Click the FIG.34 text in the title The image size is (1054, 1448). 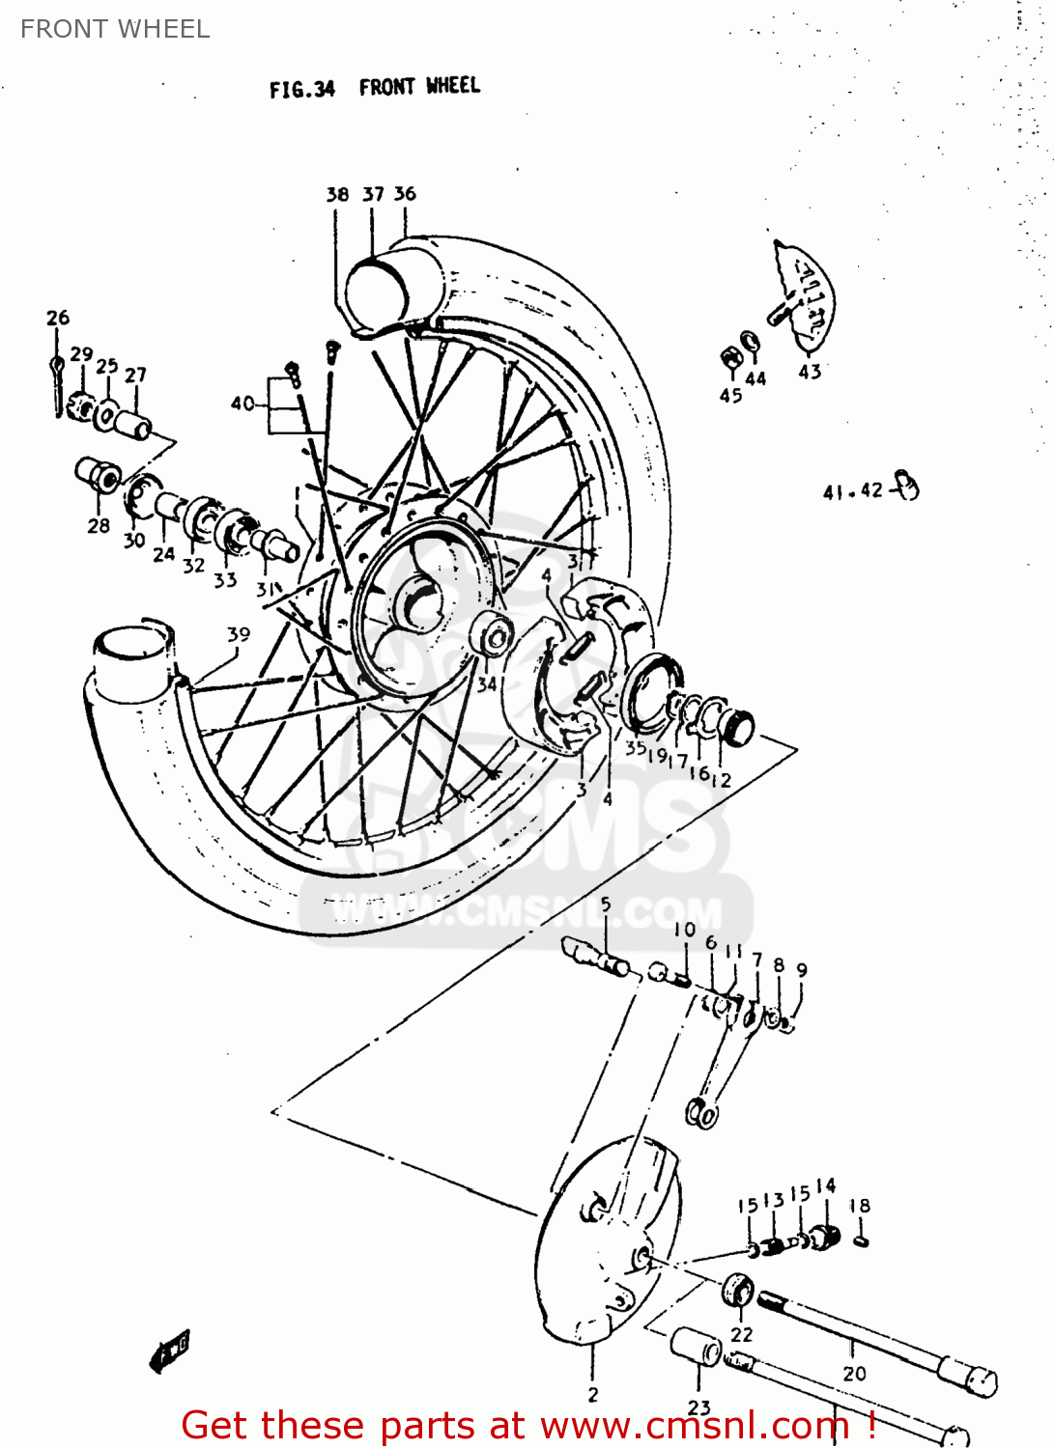click(301, 90)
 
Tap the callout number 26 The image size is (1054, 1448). click(58, 318)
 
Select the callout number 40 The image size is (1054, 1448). click(242, 404)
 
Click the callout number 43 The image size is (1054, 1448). click(810, 372)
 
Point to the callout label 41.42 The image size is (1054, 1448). click(852, 491)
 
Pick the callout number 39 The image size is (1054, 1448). click(238, 634)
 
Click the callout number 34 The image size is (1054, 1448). click(487, 684)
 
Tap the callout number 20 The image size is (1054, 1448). click(854, 1373)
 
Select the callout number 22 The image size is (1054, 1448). click(741, 1334)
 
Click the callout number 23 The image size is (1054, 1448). click(699, 1408)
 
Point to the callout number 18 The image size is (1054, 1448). click(859, 1206)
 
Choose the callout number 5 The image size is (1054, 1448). click(606, 905)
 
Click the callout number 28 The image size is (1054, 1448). click(99, 526)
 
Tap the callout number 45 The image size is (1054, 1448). click(730, 396)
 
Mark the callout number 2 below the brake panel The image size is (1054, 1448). click(592, 1395)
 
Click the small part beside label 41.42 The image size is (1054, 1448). click(906, 486)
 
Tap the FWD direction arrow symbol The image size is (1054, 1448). click(171, 1349)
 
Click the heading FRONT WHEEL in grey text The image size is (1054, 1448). click(115, 29)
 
